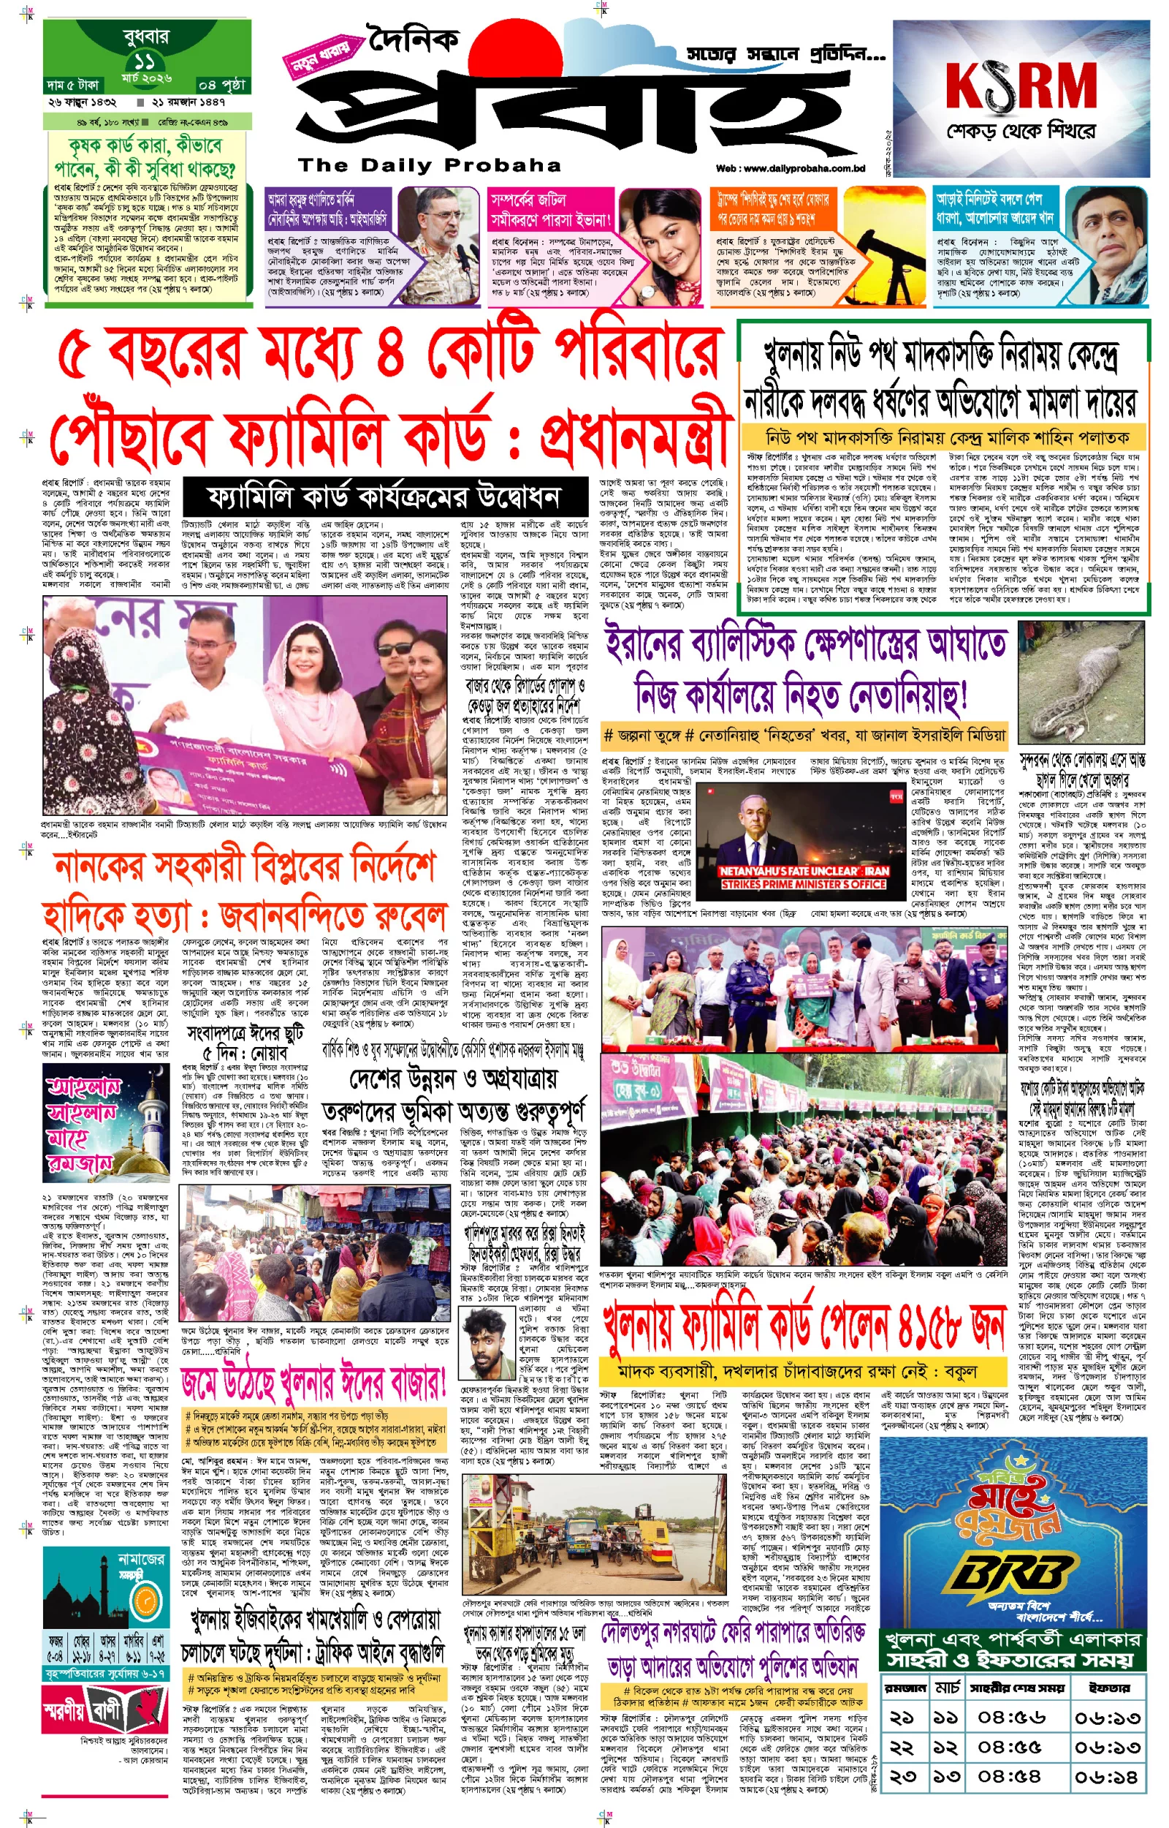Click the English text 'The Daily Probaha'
429,165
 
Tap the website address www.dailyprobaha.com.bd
791,169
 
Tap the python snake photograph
1081,681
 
